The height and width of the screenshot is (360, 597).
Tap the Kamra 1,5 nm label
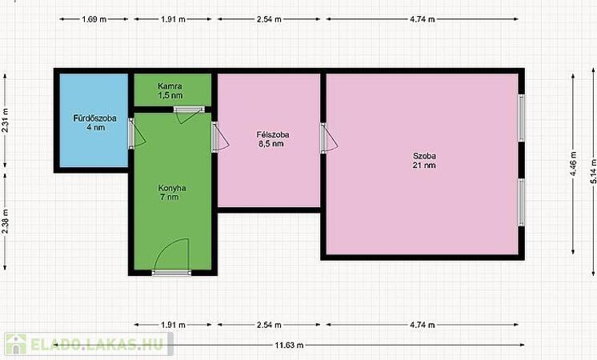coord(170,91)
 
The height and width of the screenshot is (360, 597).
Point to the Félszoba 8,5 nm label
coord(273,139)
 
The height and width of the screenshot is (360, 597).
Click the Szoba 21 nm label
coord(424,161)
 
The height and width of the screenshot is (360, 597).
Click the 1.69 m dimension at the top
coord(94,19)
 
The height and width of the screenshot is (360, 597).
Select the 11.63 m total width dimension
coord(289,345)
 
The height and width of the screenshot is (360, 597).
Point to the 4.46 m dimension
coord(573,164)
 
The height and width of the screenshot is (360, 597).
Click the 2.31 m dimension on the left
coord(5,120)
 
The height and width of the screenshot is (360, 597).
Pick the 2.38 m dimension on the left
coord(5,222)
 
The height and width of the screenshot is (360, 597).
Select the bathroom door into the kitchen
coord(136,133)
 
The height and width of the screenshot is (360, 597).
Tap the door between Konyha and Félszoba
coord(220,137)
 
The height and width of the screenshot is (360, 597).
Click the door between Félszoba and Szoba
coord(328,138)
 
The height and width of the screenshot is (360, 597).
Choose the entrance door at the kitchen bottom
coord(172,258)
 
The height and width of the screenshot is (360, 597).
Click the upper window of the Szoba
coord(521,118)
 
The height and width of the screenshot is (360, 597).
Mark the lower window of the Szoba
coord(521,202)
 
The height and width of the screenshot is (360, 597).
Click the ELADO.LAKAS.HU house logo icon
coord(16,344)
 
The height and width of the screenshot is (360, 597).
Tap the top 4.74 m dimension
coord(423,19)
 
